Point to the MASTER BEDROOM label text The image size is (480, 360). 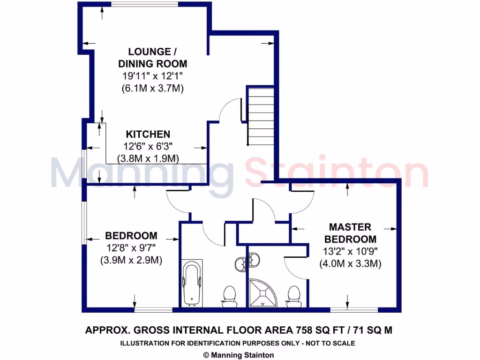pyautogui.click(x=350, y=233)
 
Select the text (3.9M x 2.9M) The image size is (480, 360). pyautogui.click(x=131, y=260)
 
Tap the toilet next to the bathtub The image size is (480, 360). pyautogui.click(x=229, y=297)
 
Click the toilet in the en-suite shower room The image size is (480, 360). pyautogui.click(x=294, y=297)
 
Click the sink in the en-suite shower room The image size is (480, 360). pyautogui.click(x=254, y=259)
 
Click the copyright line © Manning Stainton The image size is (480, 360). pyautogui.click(x=239, y=355)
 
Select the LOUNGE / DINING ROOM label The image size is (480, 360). pyautogui.click(x=152, y=58)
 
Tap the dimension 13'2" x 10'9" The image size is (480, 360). pyautogui.click(x=350, y=251)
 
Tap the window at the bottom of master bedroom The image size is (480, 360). pyautogui.click(x=354, y=309)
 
